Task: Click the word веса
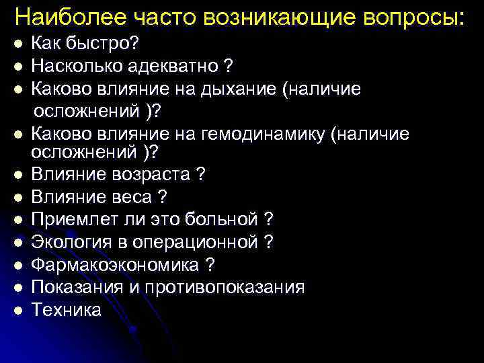pos(131,197)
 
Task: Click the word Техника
pos(67,309)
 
